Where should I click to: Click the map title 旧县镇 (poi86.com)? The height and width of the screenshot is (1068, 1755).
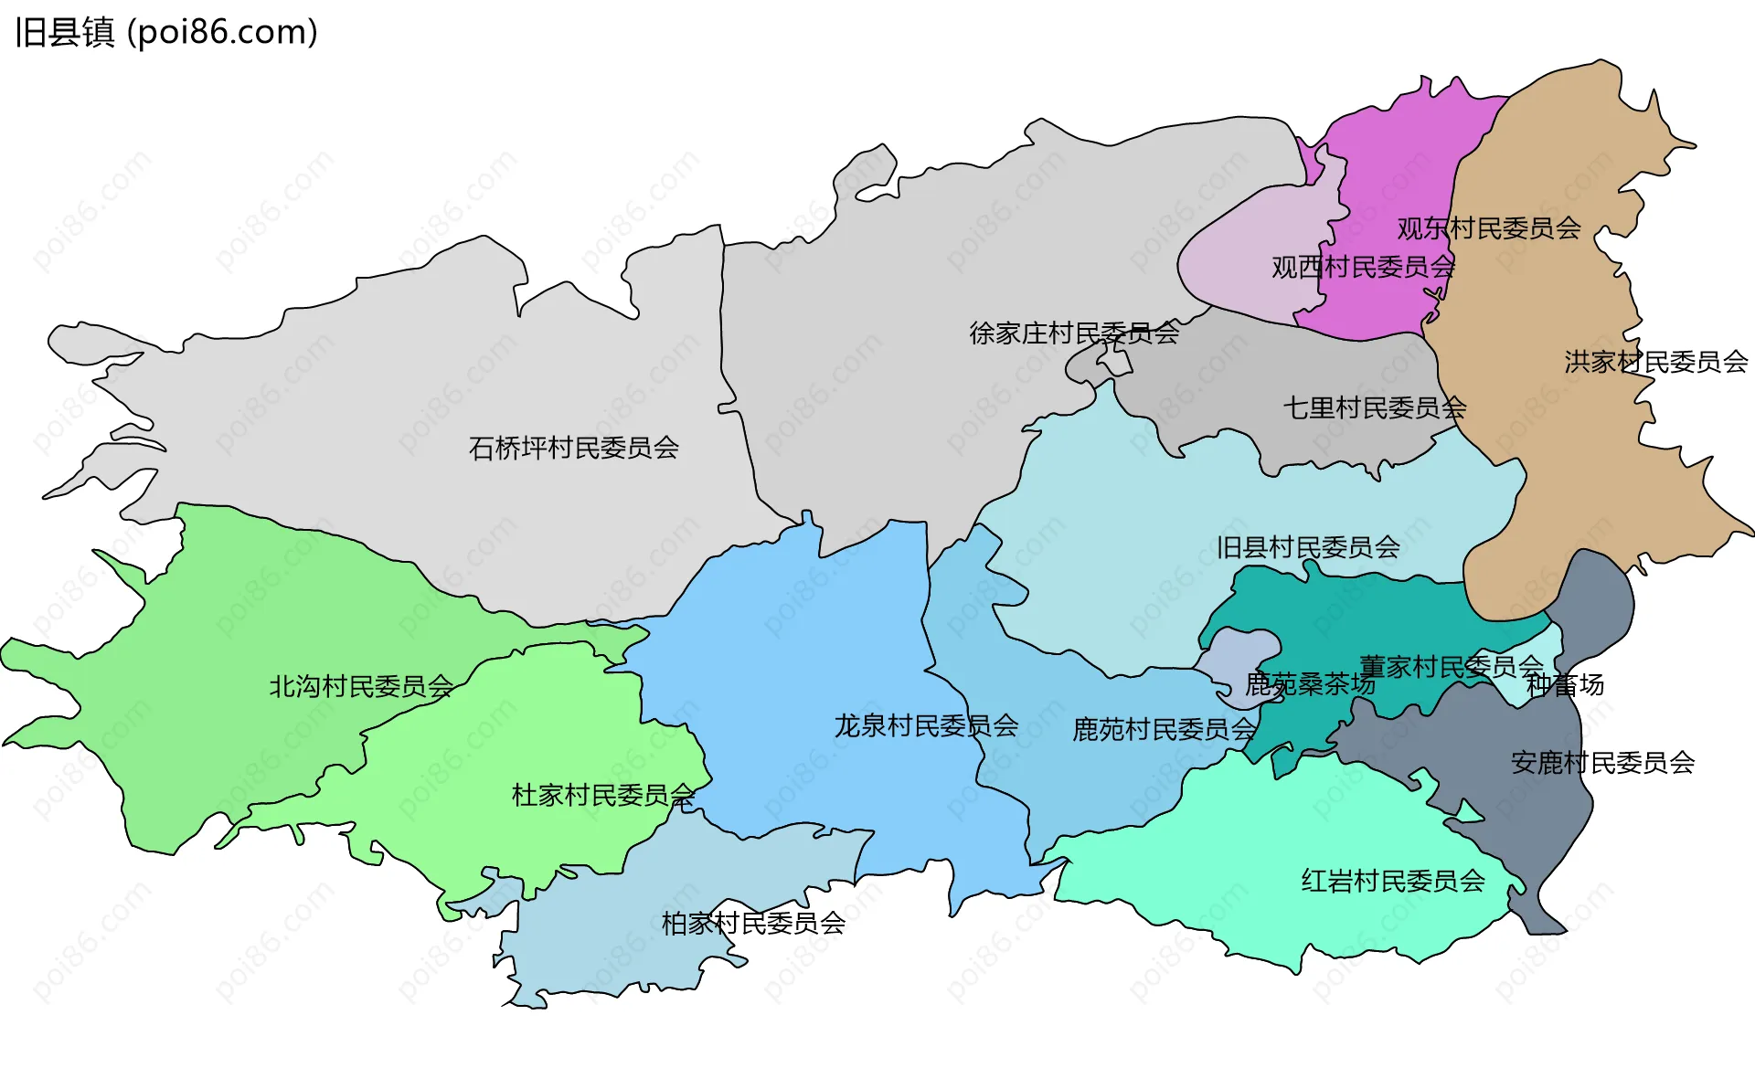pos(166,32)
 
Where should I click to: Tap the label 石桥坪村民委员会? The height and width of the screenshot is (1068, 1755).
pos(573,448)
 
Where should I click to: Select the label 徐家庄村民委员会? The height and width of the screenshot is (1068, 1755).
pos(1074,333)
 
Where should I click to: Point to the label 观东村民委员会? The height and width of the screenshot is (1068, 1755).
pos(1489,227)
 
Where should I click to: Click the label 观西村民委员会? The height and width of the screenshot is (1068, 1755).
pos(1363,267)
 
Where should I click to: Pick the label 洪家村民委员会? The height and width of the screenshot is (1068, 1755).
pos(1655,362)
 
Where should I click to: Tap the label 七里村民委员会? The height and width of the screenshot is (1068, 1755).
pos(1375,407)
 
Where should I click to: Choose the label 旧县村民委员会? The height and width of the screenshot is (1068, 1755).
pos(1308,547)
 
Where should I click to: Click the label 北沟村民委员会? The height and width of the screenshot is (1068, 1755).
pos(361,686)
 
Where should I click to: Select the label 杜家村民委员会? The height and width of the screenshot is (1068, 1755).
pos(603,795)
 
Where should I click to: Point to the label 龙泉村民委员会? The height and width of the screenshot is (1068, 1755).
pos(926,725)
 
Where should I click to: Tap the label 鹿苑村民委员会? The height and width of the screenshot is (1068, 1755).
pos(1165,729)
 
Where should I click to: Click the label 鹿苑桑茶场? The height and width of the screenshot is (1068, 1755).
pos(1309,684)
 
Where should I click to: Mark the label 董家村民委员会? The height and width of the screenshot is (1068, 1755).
pos(1451,666)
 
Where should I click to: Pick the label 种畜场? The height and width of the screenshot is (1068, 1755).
pos(1565,684)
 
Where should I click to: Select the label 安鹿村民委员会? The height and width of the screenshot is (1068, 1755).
pos(1602,762)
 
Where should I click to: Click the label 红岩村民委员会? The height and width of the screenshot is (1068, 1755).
pos(1393,881)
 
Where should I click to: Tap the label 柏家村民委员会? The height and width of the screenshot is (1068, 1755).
pos(753,923)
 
